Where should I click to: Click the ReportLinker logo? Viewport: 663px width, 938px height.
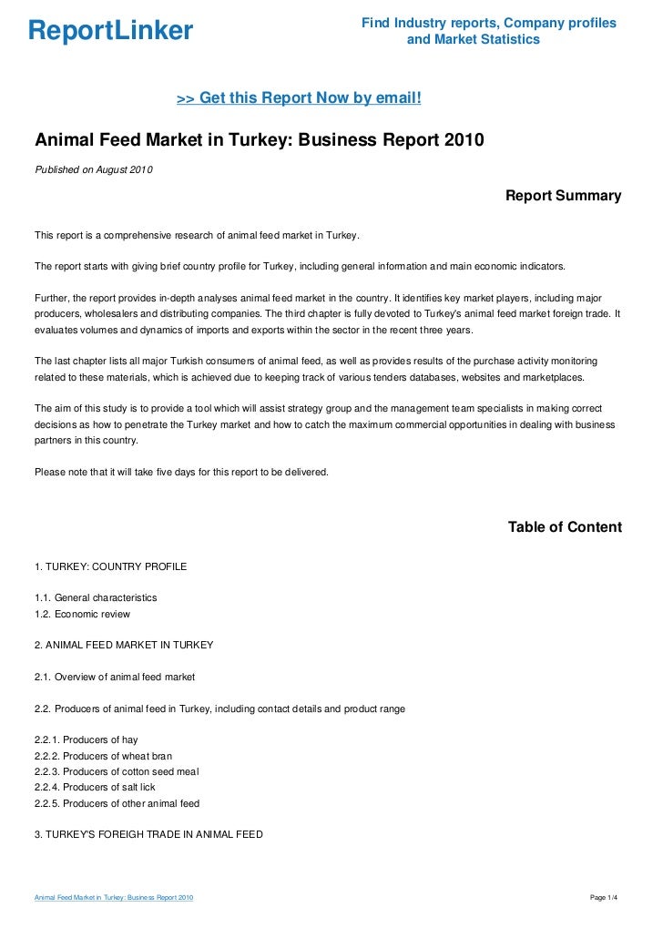(x=110, y=31)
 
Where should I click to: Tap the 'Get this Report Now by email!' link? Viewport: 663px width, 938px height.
(x=299, y=97)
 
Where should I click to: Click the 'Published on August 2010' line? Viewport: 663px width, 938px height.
(x=95, y=170)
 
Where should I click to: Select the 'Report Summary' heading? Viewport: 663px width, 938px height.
(x=563, y=196)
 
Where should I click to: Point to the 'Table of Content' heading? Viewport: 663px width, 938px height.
(x=565, y=527)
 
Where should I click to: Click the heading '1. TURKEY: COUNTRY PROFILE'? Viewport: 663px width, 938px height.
(x=110, y=566)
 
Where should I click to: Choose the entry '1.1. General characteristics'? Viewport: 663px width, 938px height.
(x=96, y=597)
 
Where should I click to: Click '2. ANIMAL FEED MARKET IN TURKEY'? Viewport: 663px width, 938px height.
(x=124, y=645)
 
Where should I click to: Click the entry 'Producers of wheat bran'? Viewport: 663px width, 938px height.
(x=100, y=756)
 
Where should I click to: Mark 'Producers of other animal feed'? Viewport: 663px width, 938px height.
(x=117, y=803)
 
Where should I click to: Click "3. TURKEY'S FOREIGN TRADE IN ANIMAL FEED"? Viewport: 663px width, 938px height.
(x=148, y=834)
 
